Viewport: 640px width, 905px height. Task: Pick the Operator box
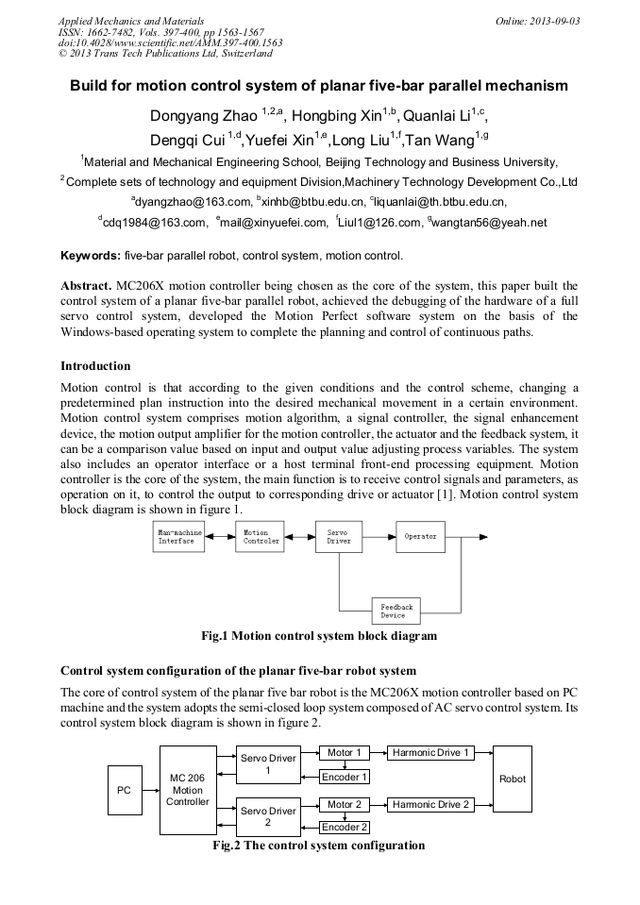pyautogui.click(x=421, y=536)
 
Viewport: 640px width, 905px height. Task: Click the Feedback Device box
pyautogui.click(x=394, y=611)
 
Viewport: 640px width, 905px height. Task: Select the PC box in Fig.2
pyautogui.click(x=124, y=790)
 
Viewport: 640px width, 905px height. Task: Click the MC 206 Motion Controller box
pyautogui.click(x=187, y=790)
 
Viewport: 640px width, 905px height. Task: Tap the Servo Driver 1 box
pyautogui.click(x=268, y=764)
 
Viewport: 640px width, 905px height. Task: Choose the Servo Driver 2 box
pyautogui.click(x=268, y=816)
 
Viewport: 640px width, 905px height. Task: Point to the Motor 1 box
pyautogui.click(x=345, y=753)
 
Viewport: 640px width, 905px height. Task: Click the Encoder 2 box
pyautogui.click(x=345, y=828)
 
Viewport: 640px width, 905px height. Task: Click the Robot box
pyautogui.click(x=513, y=779)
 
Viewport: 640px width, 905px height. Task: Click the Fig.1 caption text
pyautogui.click(x=319, y=636)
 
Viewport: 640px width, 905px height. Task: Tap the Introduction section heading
pyautogui.click(x=95, y=365)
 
